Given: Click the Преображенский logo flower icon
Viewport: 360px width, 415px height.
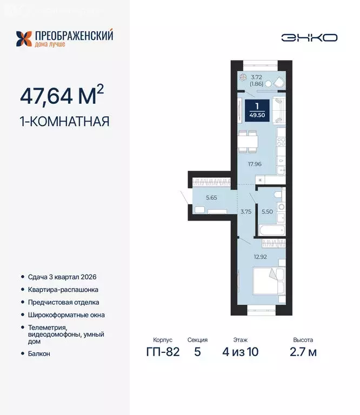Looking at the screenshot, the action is coord(24,39).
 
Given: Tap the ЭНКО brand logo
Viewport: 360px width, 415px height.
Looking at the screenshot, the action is coord(309,38).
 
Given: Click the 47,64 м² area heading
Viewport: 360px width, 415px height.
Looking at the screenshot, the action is coord(62,95).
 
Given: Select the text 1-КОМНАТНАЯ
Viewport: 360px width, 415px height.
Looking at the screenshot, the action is coord(64,121).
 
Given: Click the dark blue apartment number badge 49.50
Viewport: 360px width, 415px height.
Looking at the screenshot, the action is coord(257,111).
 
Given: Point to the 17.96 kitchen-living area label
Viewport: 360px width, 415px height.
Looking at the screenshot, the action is coord(255,164).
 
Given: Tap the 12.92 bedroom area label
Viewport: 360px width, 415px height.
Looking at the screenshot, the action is coord(260,257).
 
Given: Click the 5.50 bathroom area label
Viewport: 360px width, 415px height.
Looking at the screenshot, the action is coord(267,211).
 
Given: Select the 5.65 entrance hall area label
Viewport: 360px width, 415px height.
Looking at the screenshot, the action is coord(211,197).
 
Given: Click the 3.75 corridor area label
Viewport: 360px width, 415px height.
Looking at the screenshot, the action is coord(246,212).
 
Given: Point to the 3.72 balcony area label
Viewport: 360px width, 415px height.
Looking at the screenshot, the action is coord(257,77).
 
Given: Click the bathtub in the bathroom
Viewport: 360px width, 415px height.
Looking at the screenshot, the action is coord(272,230).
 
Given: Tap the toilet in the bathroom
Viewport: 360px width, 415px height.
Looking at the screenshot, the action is coord(278,194).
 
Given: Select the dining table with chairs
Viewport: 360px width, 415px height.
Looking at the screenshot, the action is coord(248,142).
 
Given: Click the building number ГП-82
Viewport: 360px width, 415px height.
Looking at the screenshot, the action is coord(163,352).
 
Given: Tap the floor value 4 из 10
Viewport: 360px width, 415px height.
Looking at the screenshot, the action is coord(241,352).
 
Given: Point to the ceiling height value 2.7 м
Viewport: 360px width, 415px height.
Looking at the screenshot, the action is coord(303,352).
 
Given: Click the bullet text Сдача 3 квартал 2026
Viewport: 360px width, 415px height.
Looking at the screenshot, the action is coord(62,277).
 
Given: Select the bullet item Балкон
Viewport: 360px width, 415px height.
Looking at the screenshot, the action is coord(39,353).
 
